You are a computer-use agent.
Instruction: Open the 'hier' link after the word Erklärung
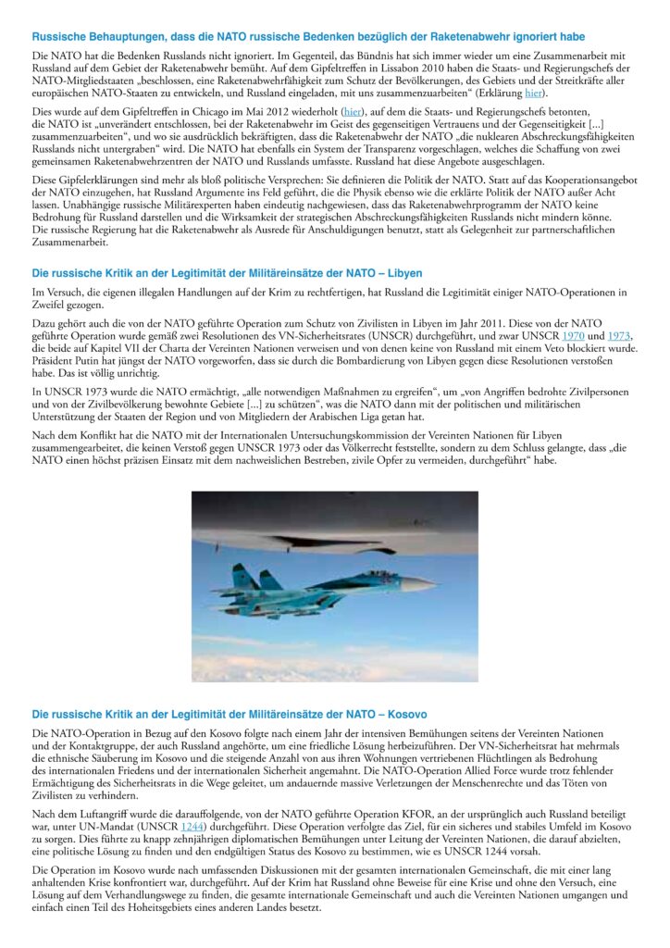[533, 94]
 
